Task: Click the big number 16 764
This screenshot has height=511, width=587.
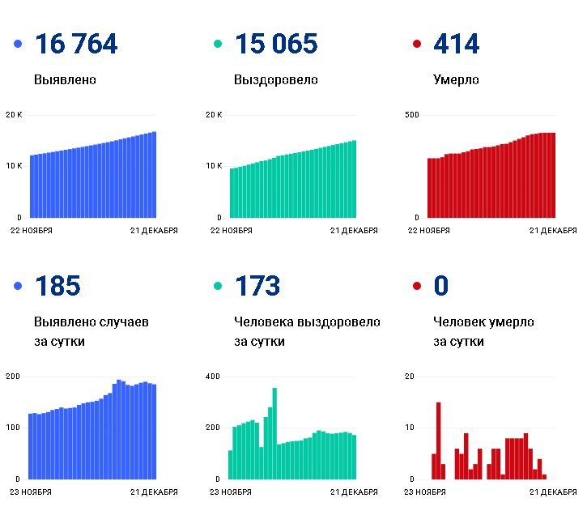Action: pyautogui.click(x=76, y=45)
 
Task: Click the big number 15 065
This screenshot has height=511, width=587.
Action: pyautogui.click(x=275, y=45)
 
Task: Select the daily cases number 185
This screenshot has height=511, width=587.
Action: pyautogui.click(x=57, y=286)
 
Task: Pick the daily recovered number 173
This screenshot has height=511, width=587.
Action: pyautogui.click(x=257, y=286)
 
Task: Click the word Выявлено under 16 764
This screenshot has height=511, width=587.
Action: pyautogui.click(x=66, y=80)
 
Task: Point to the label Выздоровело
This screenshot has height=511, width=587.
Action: pyautogui.click(x=275, y=80)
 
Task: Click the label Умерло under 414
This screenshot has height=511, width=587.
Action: pyautogui.click(x=456, y=80)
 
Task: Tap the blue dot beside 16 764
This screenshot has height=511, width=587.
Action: pyautogui.click(x=18, y=45)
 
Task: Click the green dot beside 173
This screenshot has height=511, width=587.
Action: pyautogui.click(x=217, y=286)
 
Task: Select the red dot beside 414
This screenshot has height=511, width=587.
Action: pyautogui.click(x=417, y=45)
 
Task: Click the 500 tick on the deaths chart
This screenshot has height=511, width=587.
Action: pyautogui.click(x=411, y=115)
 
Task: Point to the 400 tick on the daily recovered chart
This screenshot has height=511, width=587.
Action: pyautogui.click(x=213, y=377)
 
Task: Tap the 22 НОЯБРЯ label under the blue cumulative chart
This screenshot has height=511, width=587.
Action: pyautogui.click(x=31, y=231)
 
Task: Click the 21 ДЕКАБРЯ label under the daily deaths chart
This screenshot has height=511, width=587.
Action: pyautogui.click(x=554, y=492)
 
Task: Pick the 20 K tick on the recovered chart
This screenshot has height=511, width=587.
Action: pyautogui.click(x=214, y=115)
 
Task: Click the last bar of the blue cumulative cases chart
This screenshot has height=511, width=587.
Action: pyautogui.click(x=154, y=175)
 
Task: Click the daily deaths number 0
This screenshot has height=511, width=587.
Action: pyautogui.click(x=441, y=286)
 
